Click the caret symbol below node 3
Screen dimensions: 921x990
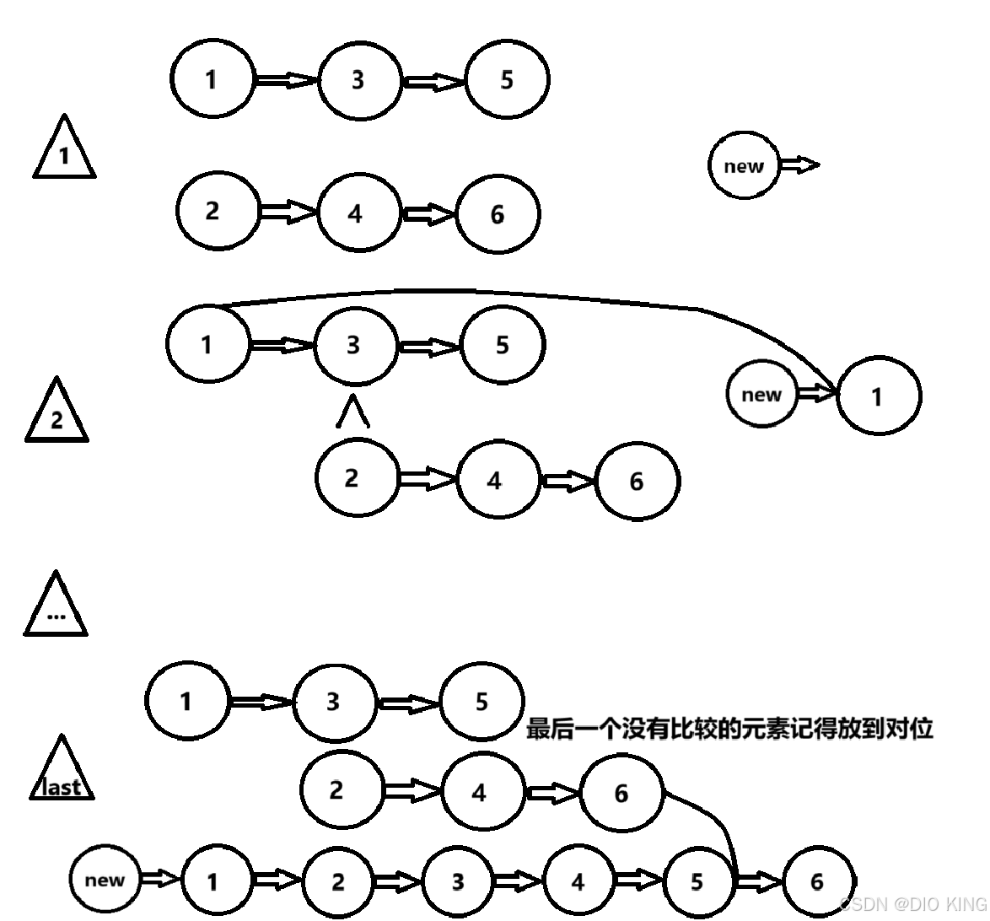(353, 413)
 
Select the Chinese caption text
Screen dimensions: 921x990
(729, 728)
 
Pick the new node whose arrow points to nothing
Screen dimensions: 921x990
(744, 166)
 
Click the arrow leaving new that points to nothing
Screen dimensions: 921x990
(798, 165)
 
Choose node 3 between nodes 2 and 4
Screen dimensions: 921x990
(458, 881)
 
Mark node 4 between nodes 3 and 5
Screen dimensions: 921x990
(578, 881)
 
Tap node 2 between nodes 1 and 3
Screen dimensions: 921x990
(338, 881)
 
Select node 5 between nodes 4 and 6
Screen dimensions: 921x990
(697, 881)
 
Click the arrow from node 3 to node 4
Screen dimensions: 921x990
(518, 881)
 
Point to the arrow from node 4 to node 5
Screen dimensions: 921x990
(638, 881)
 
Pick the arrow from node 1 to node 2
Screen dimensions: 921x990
(277, 881)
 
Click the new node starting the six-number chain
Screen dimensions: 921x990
(105, 880)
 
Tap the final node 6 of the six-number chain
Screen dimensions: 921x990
(817, 881)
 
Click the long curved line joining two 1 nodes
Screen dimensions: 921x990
(472, 293)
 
